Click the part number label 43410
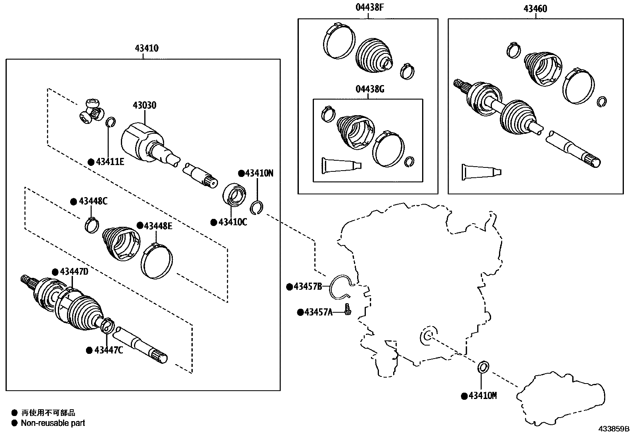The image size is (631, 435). [146, 48]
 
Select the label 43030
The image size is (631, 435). [144, 105]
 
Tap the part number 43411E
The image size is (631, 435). [109, 161]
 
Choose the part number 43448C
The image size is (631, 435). [93, 201]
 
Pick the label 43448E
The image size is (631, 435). [158, 226]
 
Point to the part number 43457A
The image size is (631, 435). [318, 312]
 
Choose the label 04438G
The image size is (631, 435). [370, 89]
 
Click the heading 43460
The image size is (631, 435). [535, 8]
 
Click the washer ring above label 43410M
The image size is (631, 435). [482, 367]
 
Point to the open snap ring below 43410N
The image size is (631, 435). [257, 207]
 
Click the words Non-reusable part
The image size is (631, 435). [53, 423]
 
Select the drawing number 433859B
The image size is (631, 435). [614, 429]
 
